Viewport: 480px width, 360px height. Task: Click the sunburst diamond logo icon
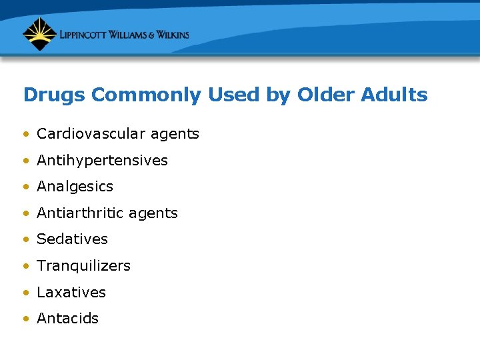[39, 34]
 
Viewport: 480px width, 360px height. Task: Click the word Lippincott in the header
[83, 35]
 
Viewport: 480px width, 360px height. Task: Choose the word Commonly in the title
[146, 95]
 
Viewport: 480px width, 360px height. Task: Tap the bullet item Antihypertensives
[102, 161]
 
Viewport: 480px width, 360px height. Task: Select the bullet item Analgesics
[75, 187]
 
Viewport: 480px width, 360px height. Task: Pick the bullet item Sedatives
[72, 239]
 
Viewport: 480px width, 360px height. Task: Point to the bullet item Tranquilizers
[83, 266]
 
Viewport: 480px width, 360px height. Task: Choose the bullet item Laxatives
[71, 292]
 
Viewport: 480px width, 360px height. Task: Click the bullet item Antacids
[67, 319]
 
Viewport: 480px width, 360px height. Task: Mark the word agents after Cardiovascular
[175, 135]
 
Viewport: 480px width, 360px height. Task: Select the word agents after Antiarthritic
[153, 214]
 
